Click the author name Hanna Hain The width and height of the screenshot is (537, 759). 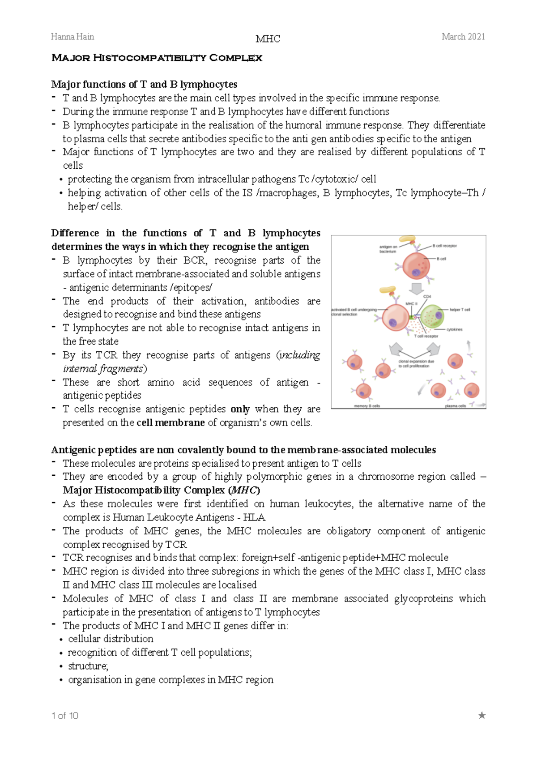pos(72,37)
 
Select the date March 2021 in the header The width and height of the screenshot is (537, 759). pos(463,37)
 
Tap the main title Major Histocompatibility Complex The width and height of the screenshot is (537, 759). pos(157,58)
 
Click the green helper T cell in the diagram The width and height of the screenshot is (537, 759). pos(432,316)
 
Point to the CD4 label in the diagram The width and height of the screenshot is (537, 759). pos(427,297)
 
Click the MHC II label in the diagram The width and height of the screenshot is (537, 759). pos(411,304)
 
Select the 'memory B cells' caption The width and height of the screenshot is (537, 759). pos(367,406)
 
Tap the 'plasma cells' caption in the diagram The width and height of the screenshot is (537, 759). pos(455,406)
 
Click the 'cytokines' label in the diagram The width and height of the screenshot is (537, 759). pos(454,329)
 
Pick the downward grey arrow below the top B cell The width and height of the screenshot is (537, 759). pos(417,289)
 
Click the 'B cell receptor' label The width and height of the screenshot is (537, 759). pos(444,246)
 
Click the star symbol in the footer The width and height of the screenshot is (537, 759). pos(482,715)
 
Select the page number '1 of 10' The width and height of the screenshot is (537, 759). pos(65,716)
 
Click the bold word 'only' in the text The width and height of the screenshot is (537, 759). pos(240,409)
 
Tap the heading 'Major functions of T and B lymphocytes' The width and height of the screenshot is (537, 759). pos(144,84)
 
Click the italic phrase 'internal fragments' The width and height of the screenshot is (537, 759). pos(103,369)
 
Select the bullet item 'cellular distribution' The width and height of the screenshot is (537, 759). pos(111,639)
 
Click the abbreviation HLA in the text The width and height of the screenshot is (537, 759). pos(254,517)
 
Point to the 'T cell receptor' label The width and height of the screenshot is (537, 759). pos(426,336)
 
